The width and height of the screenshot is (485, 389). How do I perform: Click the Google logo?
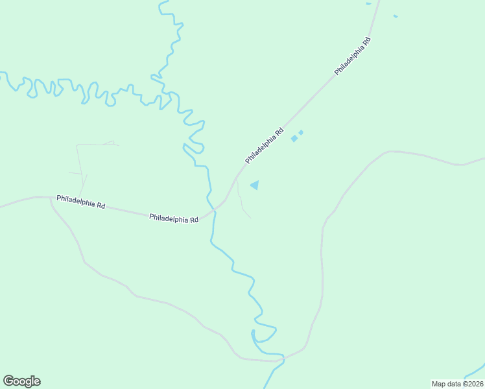21,381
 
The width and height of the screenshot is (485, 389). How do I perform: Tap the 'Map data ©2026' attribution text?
456,384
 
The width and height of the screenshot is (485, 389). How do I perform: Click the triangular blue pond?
255,185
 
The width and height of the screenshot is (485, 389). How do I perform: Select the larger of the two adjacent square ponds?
294,138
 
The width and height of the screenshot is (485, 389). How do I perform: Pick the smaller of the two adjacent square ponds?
301,132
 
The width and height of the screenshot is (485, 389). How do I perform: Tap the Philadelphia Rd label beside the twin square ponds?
265,145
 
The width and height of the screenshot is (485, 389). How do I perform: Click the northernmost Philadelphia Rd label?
353,56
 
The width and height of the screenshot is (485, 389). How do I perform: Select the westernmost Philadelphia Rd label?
80,202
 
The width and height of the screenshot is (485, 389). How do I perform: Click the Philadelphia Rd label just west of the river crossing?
174,218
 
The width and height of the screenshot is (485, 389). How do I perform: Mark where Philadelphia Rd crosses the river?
213,211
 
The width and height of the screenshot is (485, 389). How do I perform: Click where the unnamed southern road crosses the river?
283,358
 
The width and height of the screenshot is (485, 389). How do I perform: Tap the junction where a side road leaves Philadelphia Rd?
51,198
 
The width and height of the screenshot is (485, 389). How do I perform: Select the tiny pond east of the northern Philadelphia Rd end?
395,16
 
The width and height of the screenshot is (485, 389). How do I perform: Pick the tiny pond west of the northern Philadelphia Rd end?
368,4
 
